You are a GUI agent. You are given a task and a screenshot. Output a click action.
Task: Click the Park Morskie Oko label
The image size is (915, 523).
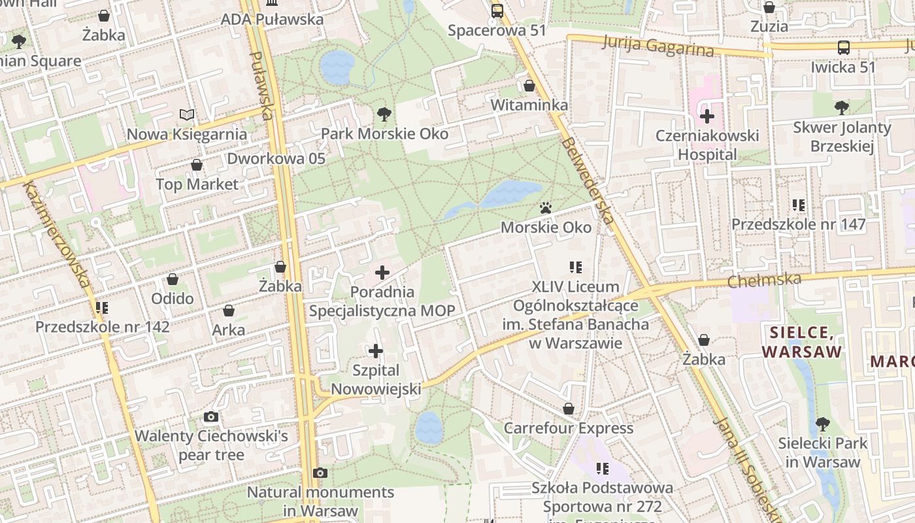[x=384, y=134]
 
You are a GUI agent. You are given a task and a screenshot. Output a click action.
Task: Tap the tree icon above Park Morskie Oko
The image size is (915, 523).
[x=384, y=114]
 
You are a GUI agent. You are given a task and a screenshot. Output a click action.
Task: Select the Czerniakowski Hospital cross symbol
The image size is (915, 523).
[x=707, y=117]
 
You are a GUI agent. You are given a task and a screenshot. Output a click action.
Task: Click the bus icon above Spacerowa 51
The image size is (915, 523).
[x=497, y=10]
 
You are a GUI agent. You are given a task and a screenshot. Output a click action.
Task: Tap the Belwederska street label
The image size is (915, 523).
[x=588, y=180]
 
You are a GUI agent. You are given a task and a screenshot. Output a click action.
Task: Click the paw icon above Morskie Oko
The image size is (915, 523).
[x=546, y=208]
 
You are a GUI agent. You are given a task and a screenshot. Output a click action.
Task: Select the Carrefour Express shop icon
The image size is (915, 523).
[x=569, y=409]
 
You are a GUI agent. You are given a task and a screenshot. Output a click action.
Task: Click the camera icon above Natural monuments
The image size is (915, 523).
[x=320, y=473]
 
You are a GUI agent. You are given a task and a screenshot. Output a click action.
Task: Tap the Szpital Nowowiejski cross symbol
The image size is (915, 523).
[x=376, y=351]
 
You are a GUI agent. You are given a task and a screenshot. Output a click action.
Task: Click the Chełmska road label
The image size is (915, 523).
[x=765, y=280]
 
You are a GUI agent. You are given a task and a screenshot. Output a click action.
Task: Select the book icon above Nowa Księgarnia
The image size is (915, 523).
[x=187, y=115]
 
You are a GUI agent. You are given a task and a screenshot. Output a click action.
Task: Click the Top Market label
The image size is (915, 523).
[x=197, y=184]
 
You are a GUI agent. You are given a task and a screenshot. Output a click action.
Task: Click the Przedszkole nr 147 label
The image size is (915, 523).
[x=798, y=225]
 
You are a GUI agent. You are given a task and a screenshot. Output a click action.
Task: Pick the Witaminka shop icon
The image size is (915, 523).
[x=529, y=86]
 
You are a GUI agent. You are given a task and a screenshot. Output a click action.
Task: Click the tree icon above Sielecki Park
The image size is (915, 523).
[x=822, y=424]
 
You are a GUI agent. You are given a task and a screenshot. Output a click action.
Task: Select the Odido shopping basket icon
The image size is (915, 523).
[x=173, y=279]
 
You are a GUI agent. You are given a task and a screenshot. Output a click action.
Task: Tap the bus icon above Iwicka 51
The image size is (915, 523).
[x=844, y=47]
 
